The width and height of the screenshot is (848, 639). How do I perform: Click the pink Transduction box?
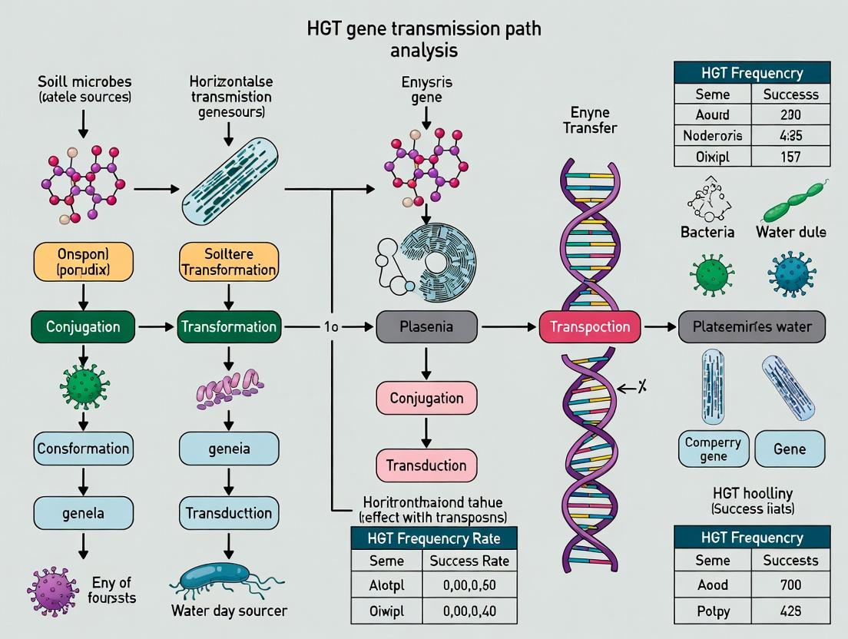[426, 465]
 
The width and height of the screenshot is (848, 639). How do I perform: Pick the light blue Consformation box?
[83, 448]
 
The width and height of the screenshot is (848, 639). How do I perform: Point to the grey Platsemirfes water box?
[753, 326]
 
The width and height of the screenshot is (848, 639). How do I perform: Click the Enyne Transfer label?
[589, 121]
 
